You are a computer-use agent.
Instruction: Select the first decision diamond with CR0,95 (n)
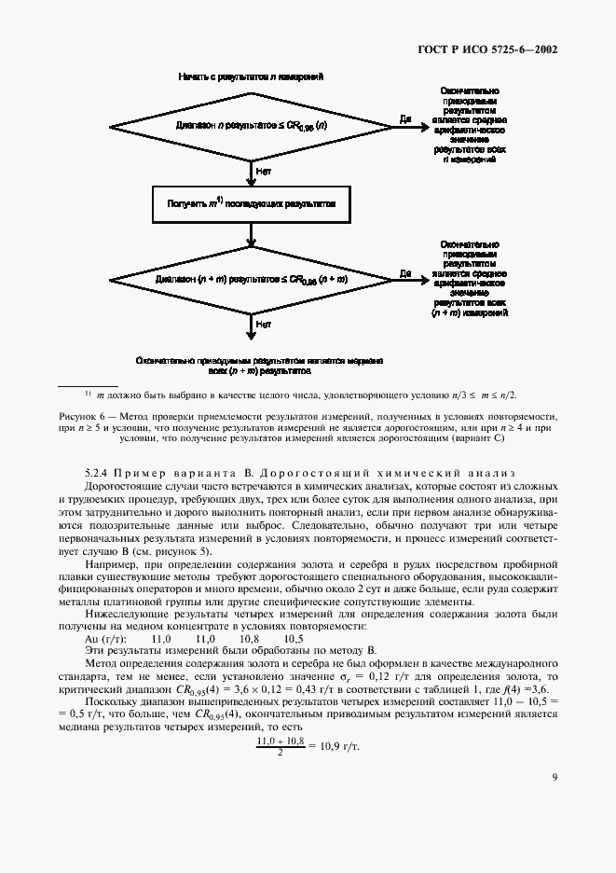(250, 124)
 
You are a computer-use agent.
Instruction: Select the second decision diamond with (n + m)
(250, 277)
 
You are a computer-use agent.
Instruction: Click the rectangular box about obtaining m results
(250, 201)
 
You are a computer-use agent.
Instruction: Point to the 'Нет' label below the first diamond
(264, 171)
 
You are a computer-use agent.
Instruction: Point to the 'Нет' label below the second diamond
(264, 325)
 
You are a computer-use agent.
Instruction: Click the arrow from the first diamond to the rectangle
(250, 170)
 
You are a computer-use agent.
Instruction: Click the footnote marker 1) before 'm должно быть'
(88, 393)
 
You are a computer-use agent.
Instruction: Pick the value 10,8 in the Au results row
(249, 639)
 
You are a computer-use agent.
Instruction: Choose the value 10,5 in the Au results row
(294, 639)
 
